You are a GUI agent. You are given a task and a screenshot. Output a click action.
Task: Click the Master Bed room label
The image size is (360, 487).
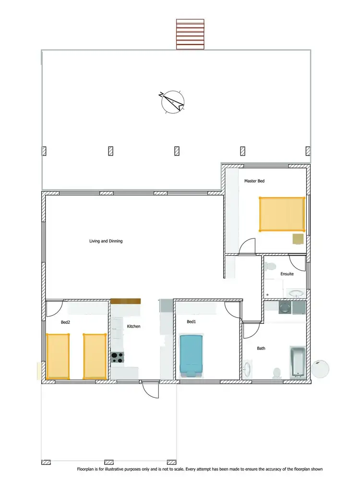[254, 181]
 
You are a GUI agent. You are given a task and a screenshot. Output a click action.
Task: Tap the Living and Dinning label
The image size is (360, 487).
[106, 241]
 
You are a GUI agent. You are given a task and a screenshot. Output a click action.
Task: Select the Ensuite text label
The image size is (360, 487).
[287, 274]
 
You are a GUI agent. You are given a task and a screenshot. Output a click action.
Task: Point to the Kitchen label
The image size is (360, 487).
[133, 326]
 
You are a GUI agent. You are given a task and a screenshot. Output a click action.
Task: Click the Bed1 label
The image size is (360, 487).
[191, 321]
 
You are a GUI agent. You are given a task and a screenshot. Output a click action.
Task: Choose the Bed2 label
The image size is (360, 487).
[65, 322]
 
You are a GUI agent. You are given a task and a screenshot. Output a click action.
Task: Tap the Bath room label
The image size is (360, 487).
[261, 348]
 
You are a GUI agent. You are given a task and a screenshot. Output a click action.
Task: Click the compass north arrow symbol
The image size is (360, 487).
[172, 101]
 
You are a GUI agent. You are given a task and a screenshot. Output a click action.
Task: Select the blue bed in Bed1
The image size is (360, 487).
[192, 355]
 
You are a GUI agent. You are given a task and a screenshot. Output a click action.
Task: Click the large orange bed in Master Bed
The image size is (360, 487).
[282, 214]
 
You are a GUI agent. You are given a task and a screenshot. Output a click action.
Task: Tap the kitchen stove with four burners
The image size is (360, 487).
[118, 357]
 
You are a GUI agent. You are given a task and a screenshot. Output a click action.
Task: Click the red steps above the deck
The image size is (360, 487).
[191, 34]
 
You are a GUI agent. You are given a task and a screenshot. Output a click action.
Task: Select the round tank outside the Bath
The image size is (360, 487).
[320, 369]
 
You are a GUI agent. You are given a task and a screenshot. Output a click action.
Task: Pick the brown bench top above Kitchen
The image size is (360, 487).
[125, 301]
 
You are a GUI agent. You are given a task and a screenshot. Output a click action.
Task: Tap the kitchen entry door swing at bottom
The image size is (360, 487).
[150, 390]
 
